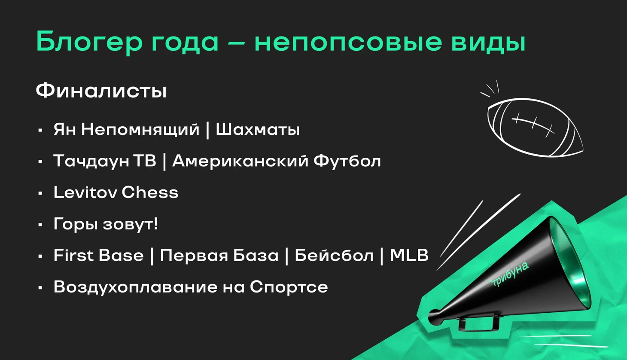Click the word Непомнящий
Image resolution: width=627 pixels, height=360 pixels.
(140, 130)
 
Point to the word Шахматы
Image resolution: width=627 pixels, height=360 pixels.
(258, 130)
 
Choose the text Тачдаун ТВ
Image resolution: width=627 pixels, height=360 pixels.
(105, 161)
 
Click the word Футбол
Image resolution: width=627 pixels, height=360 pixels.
(347, 161)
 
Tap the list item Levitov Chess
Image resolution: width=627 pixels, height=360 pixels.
(116, 192)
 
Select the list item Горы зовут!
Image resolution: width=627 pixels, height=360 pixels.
(106, 224)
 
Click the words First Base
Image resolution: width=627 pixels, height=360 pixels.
(98, 255)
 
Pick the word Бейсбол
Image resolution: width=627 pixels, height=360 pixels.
(334, 255)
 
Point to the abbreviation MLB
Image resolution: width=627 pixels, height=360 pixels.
(409, 255)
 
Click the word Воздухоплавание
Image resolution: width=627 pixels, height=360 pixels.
(135, 287)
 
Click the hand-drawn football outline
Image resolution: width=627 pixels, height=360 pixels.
(535, 127)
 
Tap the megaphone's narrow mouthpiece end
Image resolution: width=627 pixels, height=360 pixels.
(433, 316)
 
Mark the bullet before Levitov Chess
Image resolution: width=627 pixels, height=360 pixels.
(40, 193)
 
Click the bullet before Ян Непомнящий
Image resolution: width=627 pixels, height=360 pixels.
(40, 130)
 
